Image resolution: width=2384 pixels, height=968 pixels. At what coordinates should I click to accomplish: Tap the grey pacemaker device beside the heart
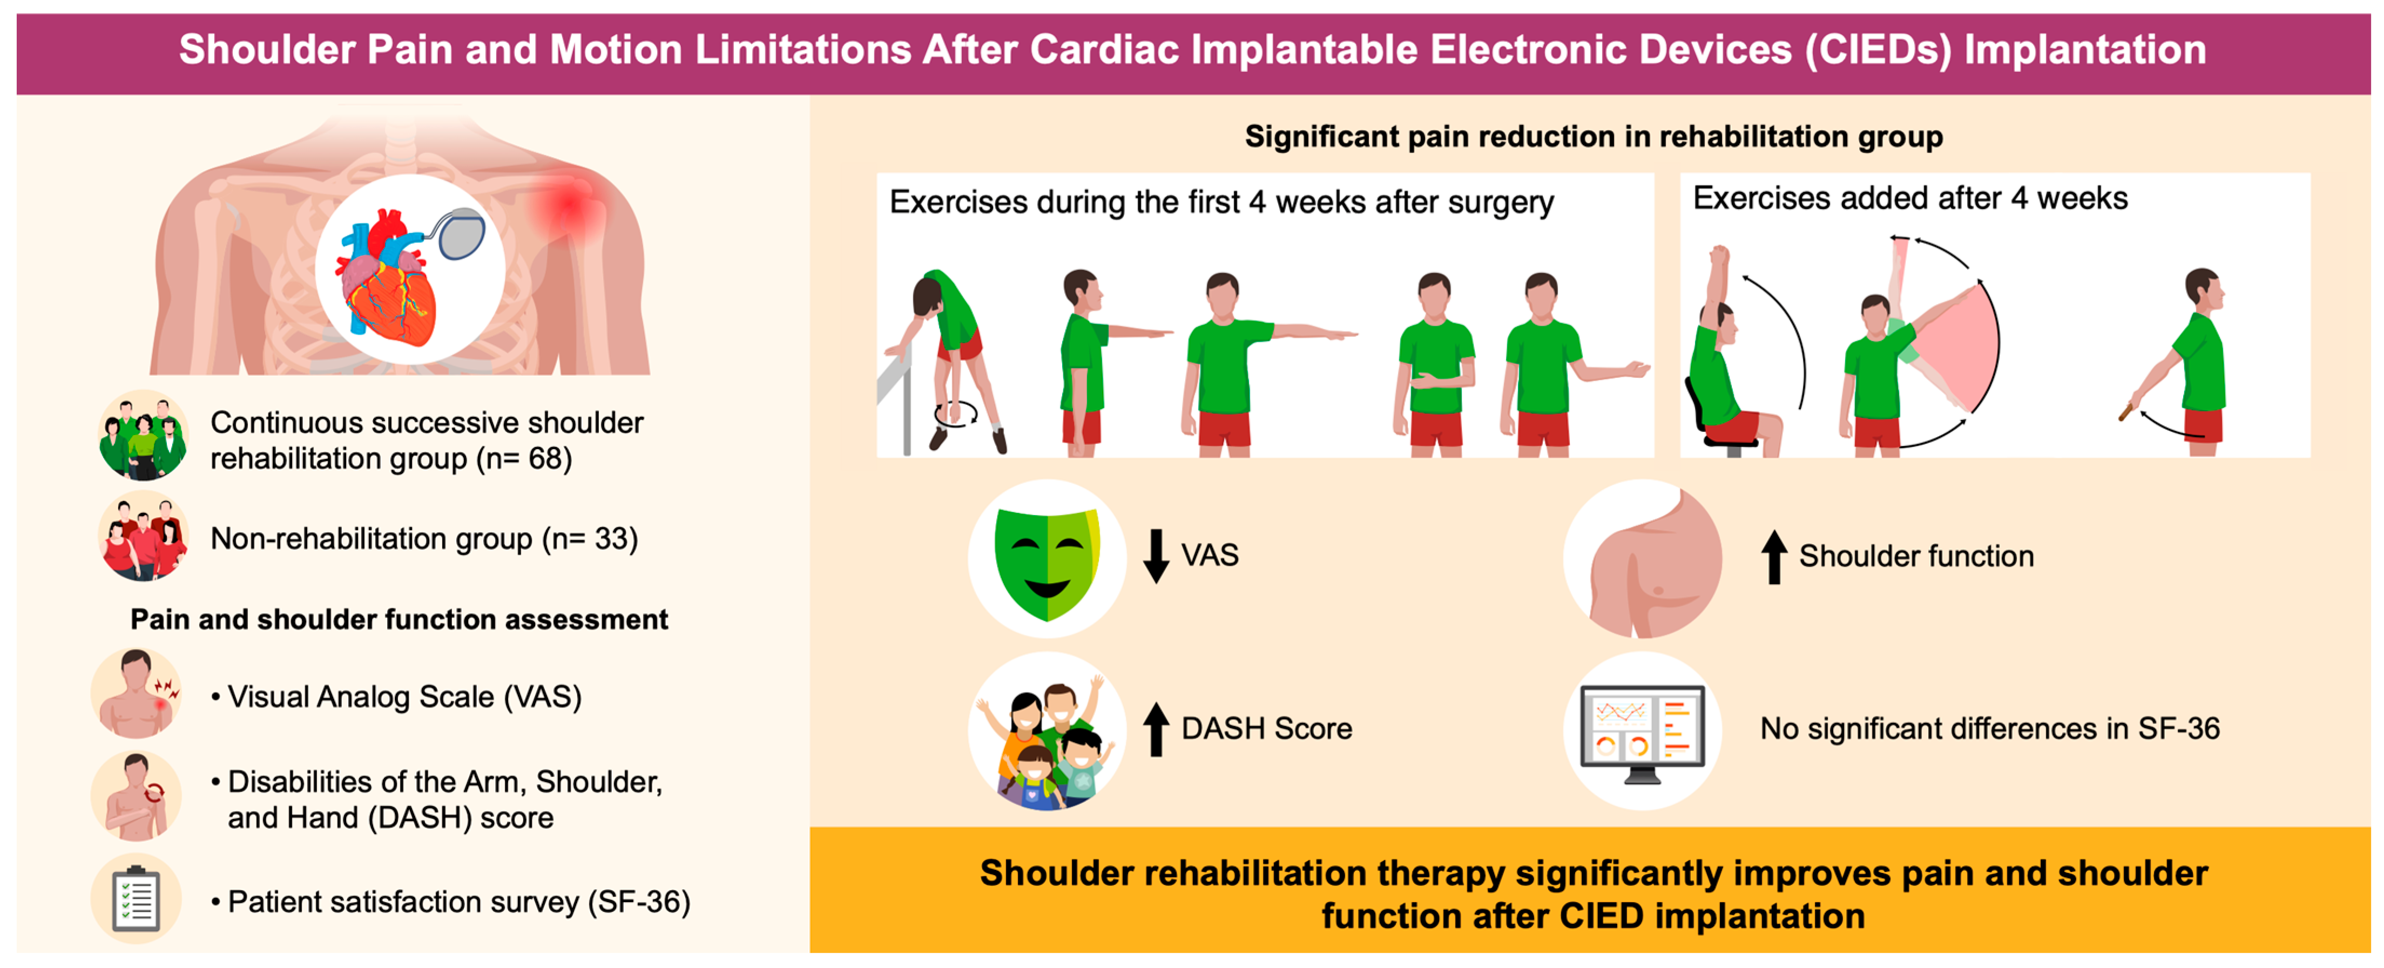click(462, 233)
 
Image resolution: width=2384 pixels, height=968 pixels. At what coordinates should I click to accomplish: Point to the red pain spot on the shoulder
click(568, 206)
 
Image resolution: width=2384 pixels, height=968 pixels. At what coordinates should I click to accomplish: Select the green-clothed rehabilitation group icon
click(144, 435)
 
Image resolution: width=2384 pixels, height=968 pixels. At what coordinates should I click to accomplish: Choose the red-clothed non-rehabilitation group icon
click(144, 537)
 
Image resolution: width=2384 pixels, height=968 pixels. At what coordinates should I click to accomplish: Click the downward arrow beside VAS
click(1156, 555)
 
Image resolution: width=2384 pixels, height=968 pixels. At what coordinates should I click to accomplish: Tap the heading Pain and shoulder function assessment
click(399, 620)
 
